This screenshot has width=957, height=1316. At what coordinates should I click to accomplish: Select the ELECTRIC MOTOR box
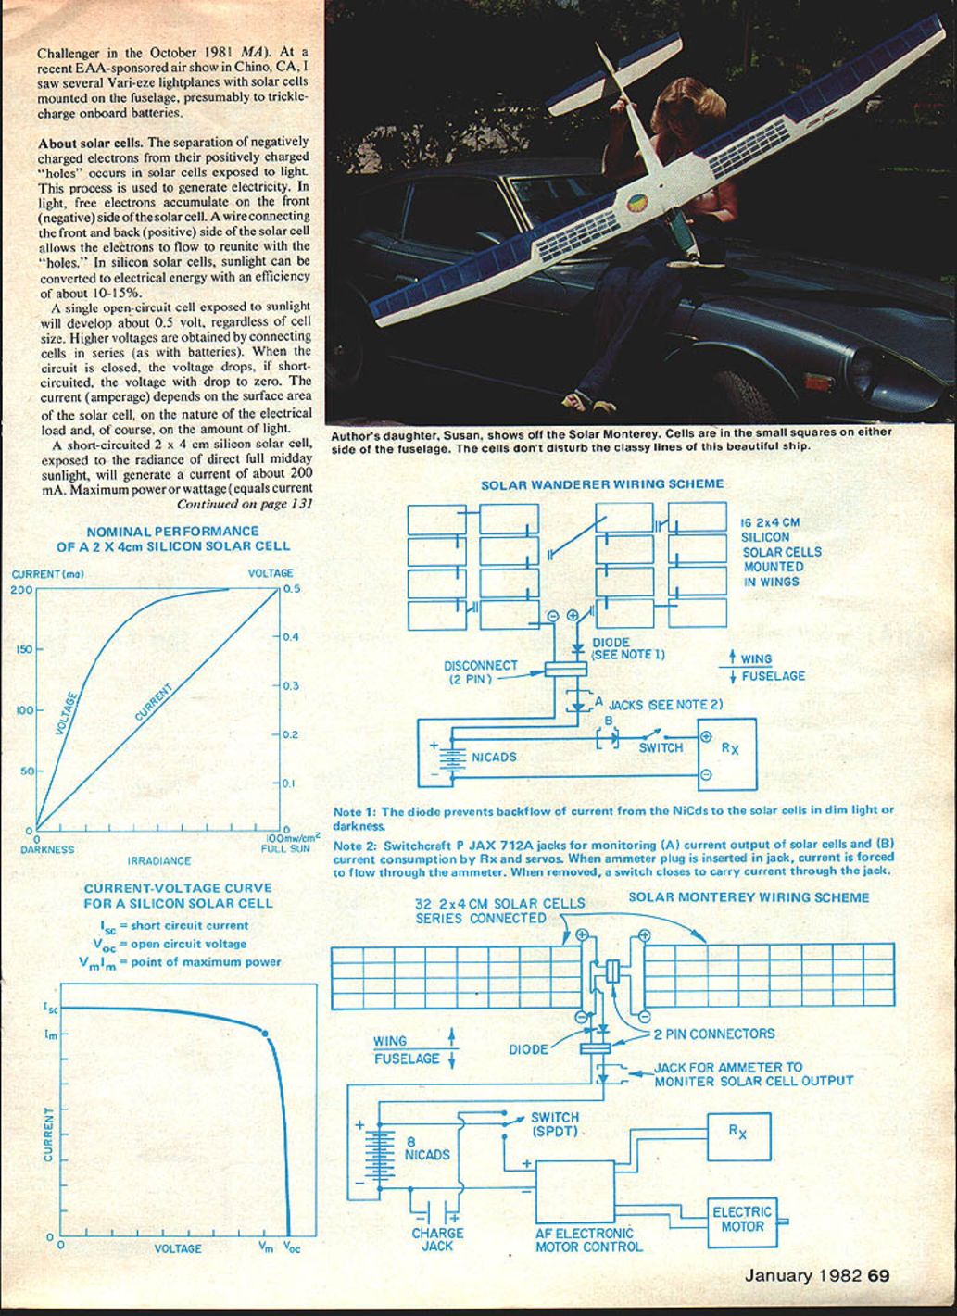click(741, 1219)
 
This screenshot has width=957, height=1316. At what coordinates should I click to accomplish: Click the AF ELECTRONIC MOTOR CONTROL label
click(588, 1240)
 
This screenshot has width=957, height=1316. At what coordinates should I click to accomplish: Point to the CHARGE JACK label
click(437, 1240)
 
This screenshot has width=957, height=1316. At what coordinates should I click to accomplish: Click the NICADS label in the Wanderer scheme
click(494, 758)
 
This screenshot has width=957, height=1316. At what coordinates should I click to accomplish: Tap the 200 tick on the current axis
click(21, 589)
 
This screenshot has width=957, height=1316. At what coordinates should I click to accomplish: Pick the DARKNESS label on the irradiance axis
click(47, 848)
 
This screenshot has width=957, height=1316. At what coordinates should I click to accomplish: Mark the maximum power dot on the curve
click(266, 1033)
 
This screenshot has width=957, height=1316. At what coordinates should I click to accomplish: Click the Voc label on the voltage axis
click(291, 1247)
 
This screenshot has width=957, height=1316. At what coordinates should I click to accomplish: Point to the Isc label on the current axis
click(50, 1007)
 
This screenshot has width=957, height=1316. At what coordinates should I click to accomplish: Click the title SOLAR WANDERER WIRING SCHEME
click(602, 484)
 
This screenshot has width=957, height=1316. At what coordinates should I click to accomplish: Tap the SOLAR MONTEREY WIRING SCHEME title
click(749, 896)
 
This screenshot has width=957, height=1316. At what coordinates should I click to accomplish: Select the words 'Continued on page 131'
click(245, 504)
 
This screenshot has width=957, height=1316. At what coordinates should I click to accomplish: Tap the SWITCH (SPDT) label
click(554, 1124)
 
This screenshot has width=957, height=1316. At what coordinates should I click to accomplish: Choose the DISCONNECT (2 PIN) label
click(481, 671)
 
